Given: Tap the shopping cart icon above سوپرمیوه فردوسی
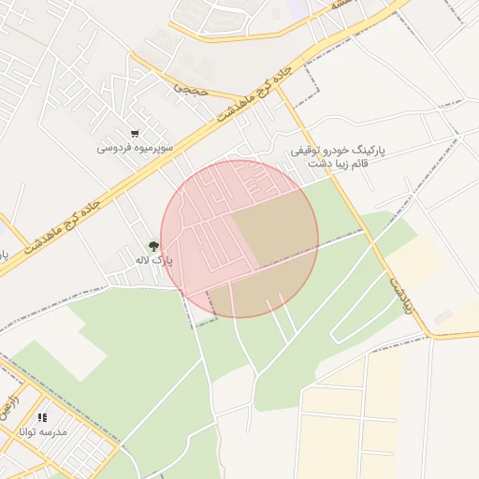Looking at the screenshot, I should point(137,134).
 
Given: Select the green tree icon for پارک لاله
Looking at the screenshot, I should point(154,245).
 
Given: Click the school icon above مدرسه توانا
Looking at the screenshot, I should point(43,417).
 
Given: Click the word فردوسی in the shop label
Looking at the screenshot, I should point(115,149).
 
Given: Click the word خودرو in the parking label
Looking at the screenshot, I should point(339,150).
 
